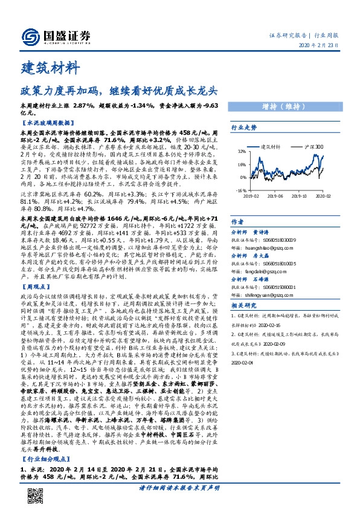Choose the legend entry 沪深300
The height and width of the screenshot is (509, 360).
pyautogui.click(x=309, y=147)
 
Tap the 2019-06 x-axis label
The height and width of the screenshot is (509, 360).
pyautogui.click(x=275, y=196)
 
